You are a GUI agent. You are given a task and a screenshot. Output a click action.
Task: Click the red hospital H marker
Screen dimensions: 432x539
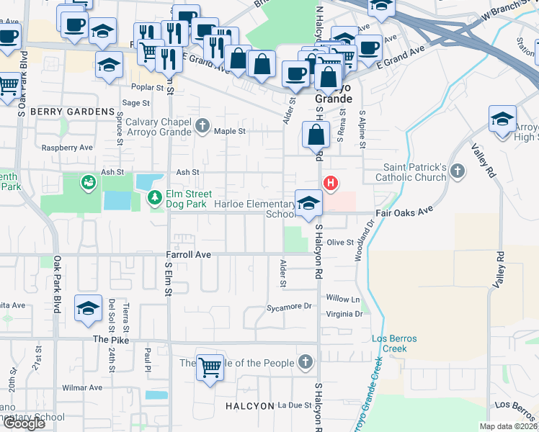[x=330, y=183]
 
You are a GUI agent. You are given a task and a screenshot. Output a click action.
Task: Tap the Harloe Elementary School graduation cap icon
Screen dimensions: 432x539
[x=308, y=202]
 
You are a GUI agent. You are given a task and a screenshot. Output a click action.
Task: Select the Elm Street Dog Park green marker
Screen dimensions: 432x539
[x=154, y=197]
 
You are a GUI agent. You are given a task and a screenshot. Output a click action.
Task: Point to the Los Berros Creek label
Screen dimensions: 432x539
[x=389, y=343]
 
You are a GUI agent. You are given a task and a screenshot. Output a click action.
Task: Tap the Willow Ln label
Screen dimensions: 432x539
[x=342, y=298]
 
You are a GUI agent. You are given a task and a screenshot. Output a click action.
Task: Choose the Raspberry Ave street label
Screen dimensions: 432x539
[x=67, y=147]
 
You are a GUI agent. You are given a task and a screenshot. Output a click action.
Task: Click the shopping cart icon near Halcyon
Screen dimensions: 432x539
[x=210, y=368]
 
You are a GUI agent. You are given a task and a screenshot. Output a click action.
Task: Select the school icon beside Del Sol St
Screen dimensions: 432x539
[x=89, y=309]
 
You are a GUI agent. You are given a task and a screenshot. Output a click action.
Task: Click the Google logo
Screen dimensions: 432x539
[x=24, y=423]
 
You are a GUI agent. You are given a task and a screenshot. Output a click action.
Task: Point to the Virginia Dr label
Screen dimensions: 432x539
[x=344, y=314]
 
